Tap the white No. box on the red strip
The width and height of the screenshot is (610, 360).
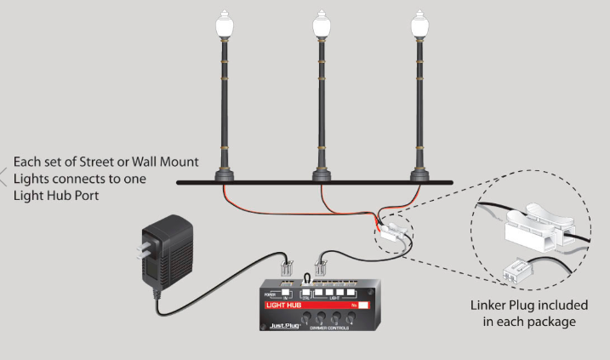pos(362,304)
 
